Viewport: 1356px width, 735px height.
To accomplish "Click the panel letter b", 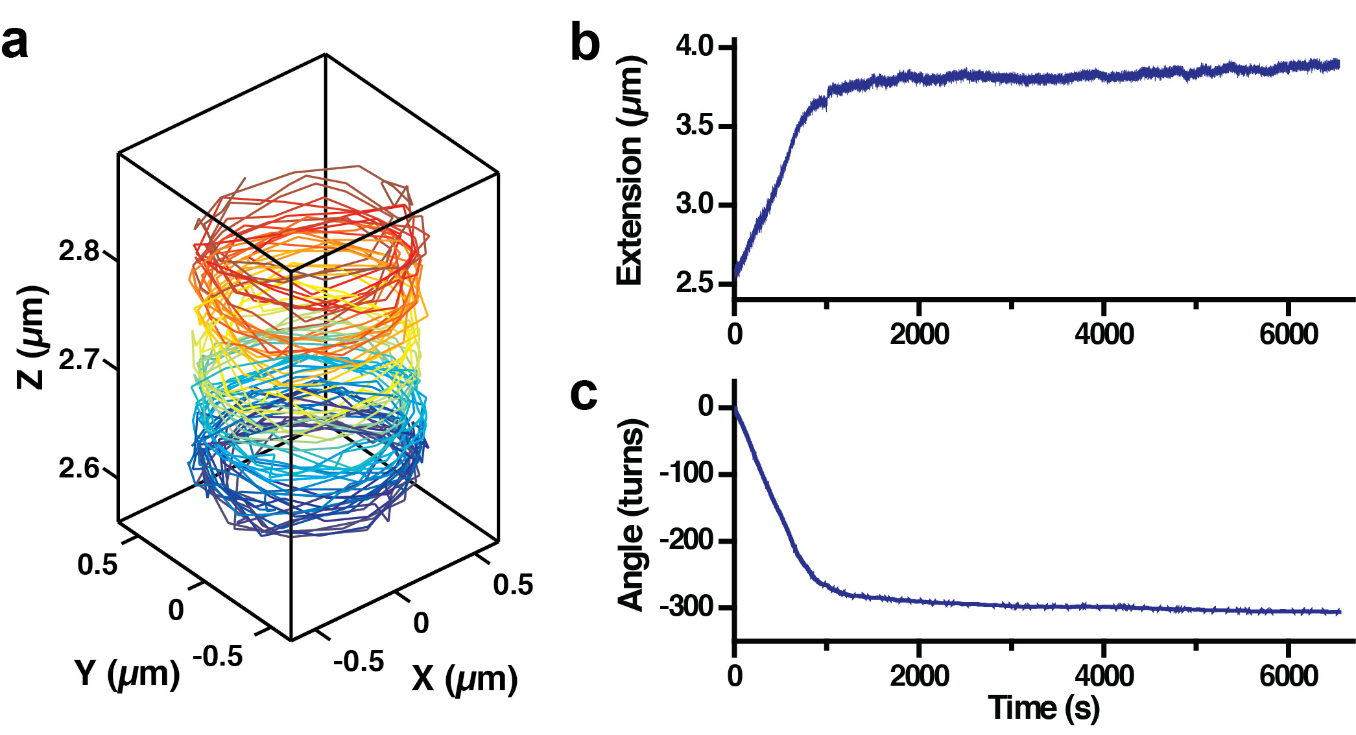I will click(585, 44).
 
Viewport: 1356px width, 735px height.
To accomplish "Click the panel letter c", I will click(584, 394).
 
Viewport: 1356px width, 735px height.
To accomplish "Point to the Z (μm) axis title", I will click(31, 337).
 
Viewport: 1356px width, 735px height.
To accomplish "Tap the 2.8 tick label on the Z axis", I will click(79, 251).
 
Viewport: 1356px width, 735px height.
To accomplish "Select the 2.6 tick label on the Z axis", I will click(79, 468).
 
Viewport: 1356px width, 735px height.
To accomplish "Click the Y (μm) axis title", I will click(127, 673).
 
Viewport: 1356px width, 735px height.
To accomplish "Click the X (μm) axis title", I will click(464, 679).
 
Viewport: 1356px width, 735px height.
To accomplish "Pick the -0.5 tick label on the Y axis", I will click(218, 657).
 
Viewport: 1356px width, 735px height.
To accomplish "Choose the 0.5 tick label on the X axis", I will click(513, 584).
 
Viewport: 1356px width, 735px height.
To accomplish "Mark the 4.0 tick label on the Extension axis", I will click(694, 46).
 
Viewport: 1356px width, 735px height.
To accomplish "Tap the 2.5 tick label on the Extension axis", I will click(694, 283).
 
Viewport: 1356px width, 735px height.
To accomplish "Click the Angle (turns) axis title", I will click(630, 514).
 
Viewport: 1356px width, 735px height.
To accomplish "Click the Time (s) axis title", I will click(1043, 707).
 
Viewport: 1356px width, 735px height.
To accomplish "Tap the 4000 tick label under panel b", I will click(1104, 334).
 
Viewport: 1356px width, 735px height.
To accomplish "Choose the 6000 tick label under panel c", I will click(1289, 676).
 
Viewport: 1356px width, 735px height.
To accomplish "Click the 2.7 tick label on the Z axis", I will click(79, 359).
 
